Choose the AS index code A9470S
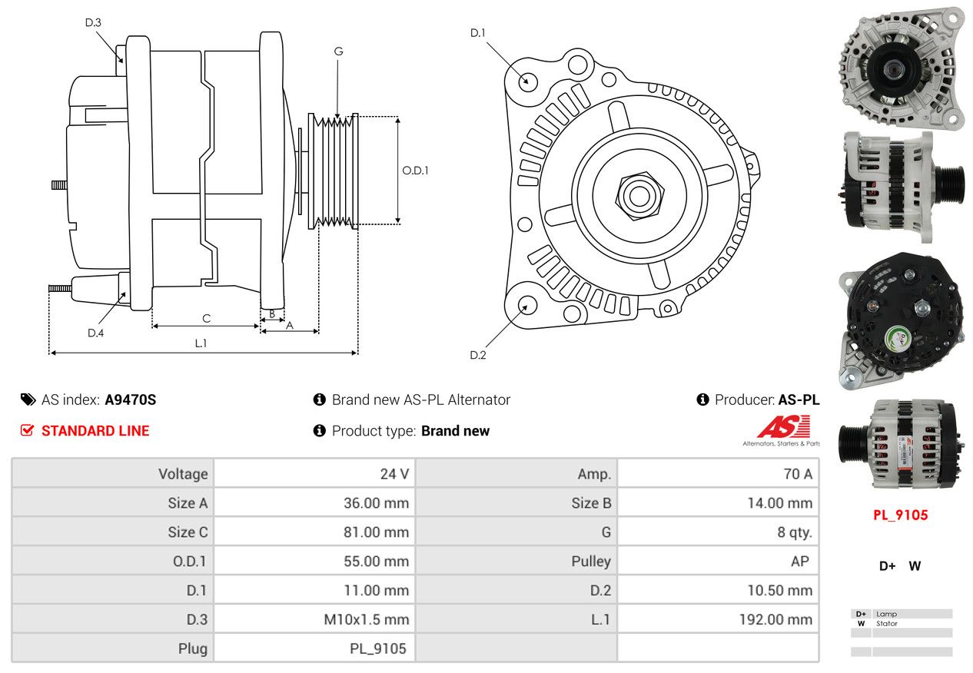(x=131, y=400)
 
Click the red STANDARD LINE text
(x=95, y=431)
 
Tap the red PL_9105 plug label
(x=900, y=516)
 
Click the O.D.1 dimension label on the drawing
(x=415, y=171)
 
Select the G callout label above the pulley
(x=338, y=51)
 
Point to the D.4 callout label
(x=95, y=333)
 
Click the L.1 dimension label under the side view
(x=201, y=343)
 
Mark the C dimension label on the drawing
(x=206, y=318)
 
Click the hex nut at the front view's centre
(x=636, y=194)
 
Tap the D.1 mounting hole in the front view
(x=528, y=81)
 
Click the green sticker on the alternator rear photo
(x=895, y=336)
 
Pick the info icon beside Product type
(x=320, y=431)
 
